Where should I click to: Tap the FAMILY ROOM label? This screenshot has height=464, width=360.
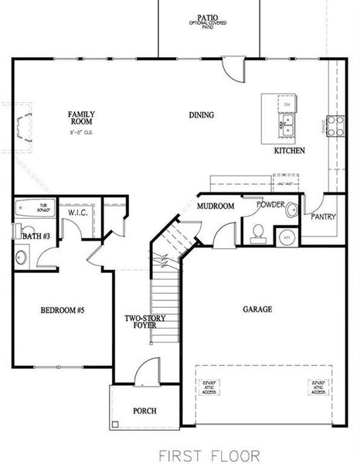(81, 118)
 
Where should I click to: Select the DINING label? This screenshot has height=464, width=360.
(201, 115)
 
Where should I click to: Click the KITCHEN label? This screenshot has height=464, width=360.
(290, 151)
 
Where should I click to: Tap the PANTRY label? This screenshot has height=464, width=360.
(323, 217)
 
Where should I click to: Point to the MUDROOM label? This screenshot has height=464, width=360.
(216, 206)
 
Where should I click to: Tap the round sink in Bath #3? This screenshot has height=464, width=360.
(22, 258)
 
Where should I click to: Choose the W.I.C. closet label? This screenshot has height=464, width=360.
(77, 212)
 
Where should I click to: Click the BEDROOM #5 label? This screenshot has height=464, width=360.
(62, 310)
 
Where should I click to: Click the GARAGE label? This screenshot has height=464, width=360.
(257, 309)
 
